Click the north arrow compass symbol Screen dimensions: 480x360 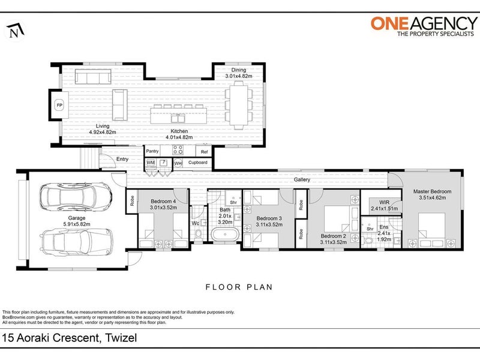[x=16, y=31]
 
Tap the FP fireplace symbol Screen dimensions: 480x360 [x=59, y=106]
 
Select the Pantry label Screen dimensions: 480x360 [x=152, y=151]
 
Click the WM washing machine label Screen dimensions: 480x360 [x=151, y=163]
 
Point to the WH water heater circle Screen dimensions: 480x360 [x=178, y=163]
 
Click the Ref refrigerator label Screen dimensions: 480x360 [x=204, y=152]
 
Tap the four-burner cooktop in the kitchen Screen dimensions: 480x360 [x=178, y=150]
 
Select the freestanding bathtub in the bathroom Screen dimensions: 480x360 [x=226, y=235]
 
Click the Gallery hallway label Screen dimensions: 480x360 [x=302, y=179]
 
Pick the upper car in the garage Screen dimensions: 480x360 [x=76, y=197]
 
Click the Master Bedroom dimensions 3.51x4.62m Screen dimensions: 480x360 [x=432, y=198]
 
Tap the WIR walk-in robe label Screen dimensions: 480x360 [x=384, y=202]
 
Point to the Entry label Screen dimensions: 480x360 [x=122, y=159]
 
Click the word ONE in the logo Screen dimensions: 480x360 [x=389, y=23]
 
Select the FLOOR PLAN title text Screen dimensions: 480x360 [x=239, y=287]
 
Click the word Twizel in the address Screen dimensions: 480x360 [x=121, y=338]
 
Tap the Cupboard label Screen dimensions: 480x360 [x=198, y=163]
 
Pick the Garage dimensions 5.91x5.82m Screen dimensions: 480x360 [x=77, y=224]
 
